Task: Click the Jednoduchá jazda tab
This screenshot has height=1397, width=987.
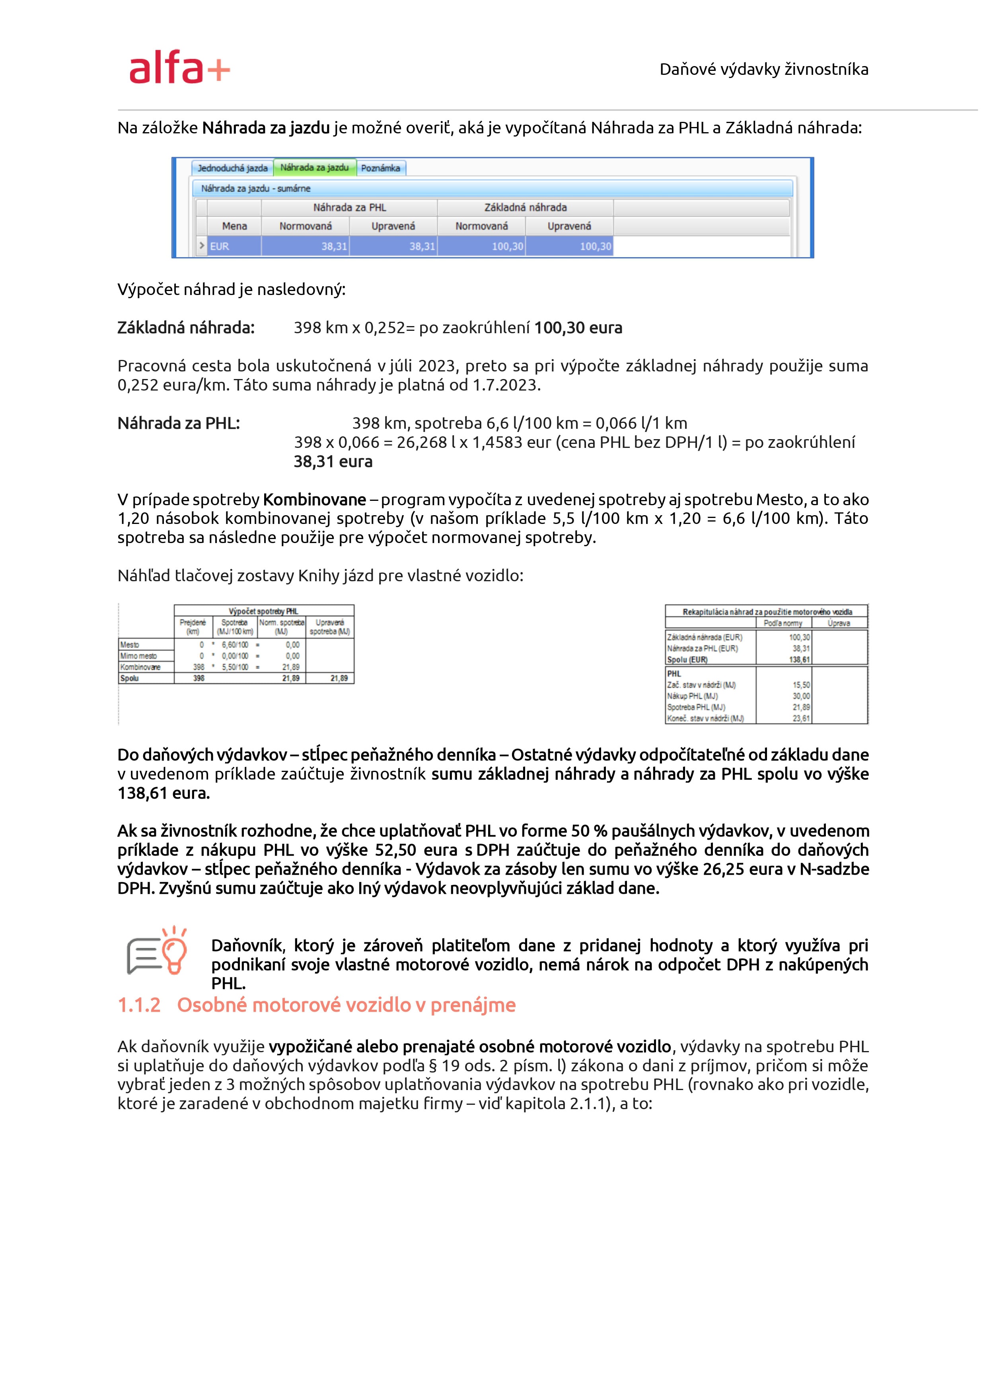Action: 232,168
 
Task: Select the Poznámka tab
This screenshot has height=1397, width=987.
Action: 381,168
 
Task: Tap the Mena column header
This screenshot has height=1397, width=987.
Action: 234,227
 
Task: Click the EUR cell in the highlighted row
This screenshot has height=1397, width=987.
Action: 220,246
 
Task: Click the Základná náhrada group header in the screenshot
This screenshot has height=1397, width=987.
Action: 526,207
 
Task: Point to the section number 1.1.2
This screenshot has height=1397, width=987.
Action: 139,1005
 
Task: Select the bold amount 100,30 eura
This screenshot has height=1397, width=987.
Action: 578,328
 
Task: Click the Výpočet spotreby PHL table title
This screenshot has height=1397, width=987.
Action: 263,611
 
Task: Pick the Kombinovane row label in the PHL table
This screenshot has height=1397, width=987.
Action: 140,668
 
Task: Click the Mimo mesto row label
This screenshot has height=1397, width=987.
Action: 139,656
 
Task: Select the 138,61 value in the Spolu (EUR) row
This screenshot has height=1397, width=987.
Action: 799,660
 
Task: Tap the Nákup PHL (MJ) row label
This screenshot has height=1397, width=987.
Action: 692,696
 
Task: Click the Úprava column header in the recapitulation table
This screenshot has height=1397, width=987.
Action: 839,623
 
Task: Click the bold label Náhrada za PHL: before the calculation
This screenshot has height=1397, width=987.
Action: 179,424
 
